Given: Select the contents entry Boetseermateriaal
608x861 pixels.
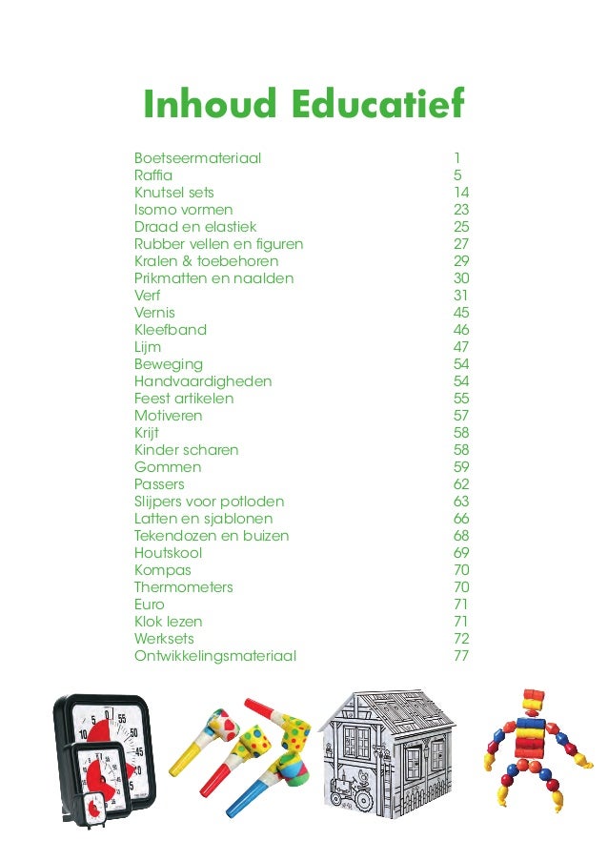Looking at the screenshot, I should click(x=197, y=158).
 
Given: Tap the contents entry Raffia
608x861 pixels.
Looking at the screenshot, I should click(x=153, y=175).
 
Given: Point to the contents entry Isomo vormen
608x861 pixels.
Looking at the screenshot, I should click(x=183, y=210).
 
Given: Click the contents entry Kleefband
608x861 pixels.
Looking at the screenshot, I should click(x=170, y=330).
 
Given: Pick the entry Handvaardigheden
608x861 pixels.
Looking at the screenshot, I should click(x=203, y=381).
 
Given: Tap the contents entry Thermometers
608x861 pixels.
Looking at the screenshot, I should click(x=183, y=587).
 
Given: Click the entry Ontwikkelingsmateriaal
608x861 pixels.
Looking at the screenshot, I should click(x=215, y=656).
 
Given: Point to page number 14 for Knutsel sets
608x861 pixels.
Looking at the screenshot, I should click(x=461, y=193).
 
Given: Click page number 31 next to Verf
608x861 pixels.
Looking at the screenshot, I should click(x=461, y=296).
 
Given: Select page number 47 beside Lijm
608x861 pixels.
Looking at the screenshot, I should click(x=461, y=347).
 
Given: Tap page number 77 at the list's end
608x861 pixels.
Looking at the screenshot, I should click(x=461, y=656).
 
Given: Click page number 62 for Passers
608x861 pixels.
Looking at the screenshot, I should click(x=461, y=484).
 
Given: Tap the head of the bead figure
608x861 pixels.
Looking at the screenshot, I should click(x=531, y=701).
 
